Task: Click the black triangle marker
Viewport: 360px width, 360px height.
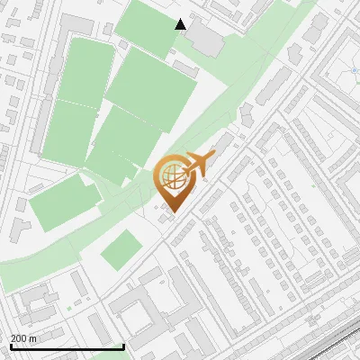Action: [x=181, y=24]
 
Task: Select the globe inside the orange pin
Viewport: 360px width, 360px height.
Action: [x=171, y=176]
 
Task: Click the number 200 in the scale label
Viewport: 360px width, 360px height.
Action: [x=19, y=338]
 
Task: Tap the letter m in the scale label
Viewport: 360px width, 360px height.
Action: [x=33, y=338]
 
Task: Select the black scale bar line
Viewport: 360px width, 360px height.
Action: [x=67, y=346]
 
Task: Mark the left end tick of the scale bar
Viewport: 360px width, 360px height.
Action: [x=12, y=345]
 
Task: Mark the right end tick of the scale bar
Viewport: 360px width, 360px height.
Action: [x=123, y=345]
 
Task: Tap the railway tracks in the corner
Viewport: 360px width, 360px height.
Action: [x=337, y=342]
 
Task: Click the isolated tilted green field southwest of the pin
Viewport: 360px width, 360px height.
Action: [x=121, y=249]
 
